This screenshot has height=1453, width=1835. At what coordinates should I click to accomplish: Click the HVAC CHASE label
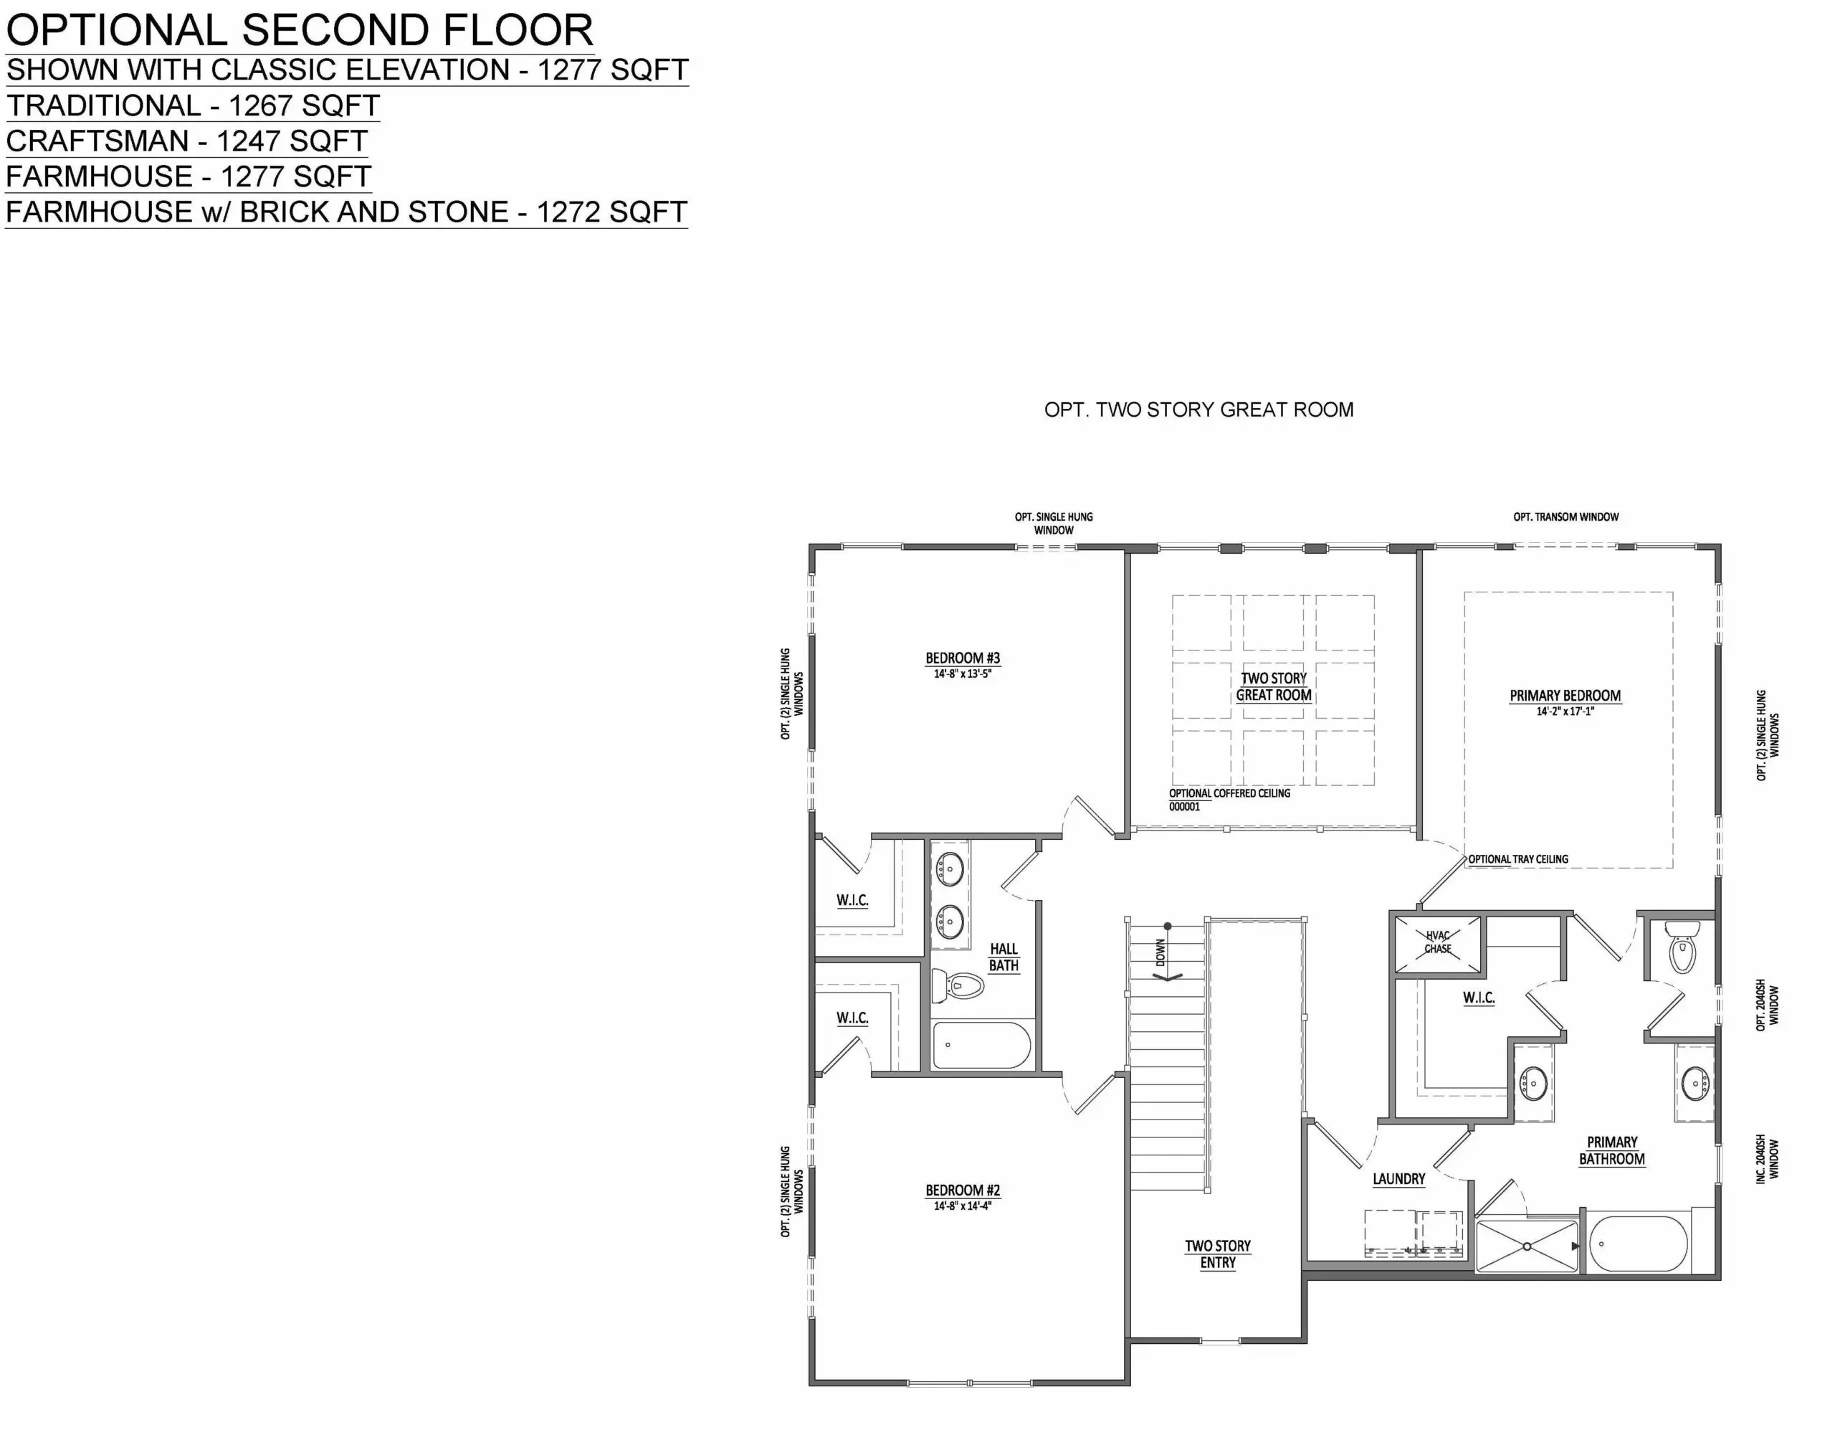point(1437,942)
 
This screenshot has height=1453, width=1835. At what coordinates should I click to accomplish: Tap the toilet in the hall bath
point(958,987)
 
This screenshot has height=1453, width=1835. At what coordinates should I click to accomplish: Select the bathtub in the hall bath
point(981,1046)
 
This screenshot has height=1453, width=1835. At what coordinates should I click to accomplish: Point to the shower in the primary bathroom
point(1526,1246)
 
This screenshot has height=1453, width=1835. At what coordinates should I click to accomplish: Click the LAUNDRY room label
point(1398,1179)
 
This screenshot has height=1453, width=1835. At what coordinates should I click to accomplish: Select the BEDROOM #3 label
point(962,658)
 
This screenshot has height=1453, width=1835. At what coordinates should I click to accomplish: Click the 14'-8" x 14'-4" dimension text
point(962,1206)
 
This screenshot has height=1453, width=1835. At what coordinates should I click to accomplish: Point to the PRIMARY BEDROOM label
point(1565,695)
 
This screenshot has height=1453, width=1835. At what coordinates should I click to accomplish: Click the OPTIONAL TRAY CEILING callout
point(1518,859)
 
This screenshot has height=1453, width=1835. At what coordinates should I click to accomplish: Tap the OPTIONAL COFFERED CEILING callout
point(1229,793)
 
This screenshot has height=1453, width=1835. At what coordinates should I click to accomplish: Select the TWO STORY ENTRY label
point(1218,1254)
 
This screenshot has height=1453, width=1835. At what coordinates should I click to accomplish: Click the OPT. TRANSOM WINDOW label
point(1565,516)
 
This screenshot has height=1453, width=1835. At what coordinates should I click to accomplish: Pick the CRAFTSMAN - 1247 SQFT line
point(186,141)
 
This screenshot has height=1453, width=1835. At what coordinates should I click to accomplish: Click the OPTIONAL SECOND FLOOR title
point(300,30)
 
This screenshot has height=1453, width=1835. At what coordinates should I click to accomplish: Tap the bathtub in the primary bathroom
point(1638,1244)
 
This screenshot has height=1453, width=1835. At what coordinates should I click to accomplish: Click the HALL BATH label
point(1004,957)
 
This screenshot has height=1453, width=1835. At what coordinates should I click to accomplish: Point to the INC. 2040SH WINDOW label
point(1766,1158)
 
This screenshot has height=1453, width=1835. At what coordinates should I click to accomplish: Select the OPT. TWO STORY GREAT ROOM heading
point(1198,410)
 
